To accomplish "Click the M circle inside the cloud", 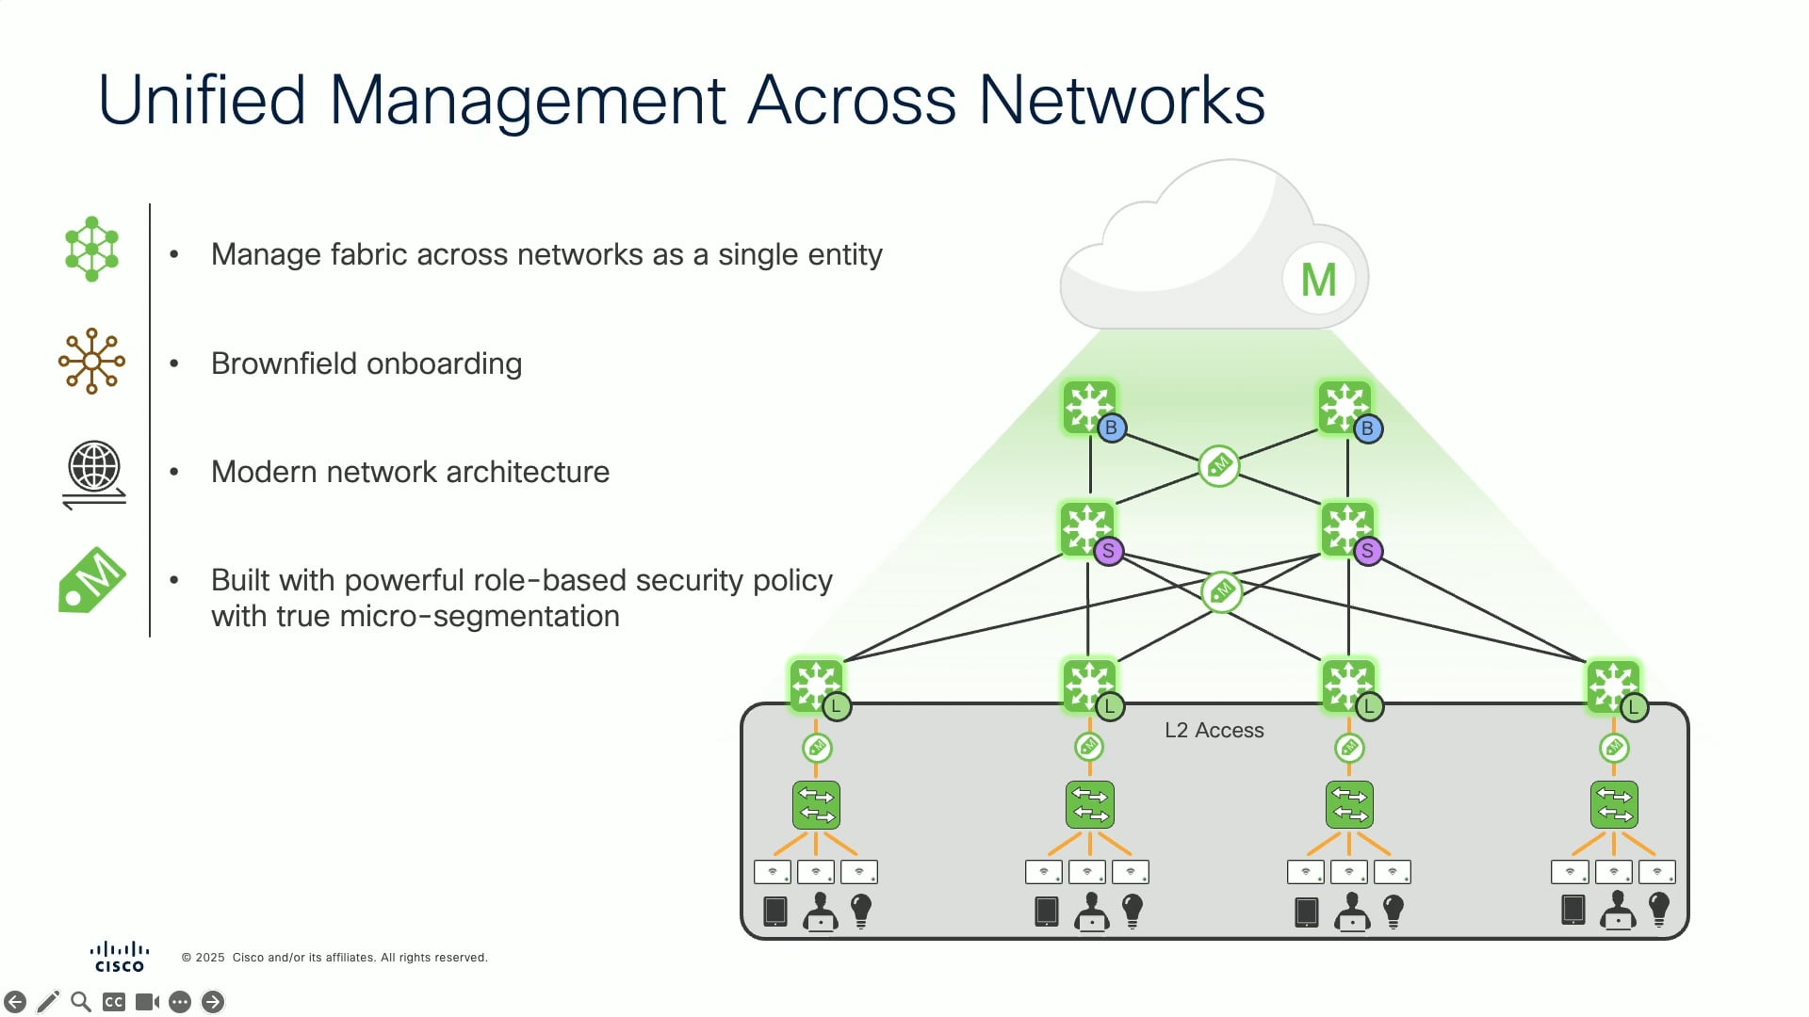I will click(1318, 280).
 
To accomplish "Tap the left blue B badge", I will click(1112, 428).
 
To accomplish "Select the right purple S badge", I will click(1367, 551).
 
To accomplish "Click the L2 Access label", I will click(1214, 730).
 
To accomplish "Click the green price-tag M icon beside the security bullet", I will click(92, 579).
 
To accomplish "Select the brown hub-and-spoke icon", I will click(91, 361).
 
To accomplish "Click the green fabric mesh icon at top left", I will click(91, 250).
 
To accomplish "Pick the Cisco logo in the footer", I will click(120, 957).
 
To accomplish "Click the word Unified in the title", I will click(202, 100).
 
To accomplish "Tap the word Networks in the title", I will click(1121, 100).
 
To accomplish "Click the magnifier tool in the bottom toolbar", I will click(81, 1002).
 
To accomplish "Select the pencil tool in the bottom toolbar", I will click(48, 1002).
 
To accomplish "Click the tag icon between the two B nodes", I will click(1219, 465).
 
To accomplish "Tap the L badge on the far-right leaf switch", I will click(1634, 707).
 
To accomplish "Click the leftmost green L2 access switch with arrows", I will click(816, 805).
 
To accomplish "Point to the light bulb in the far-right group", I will click(1659, 910).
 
